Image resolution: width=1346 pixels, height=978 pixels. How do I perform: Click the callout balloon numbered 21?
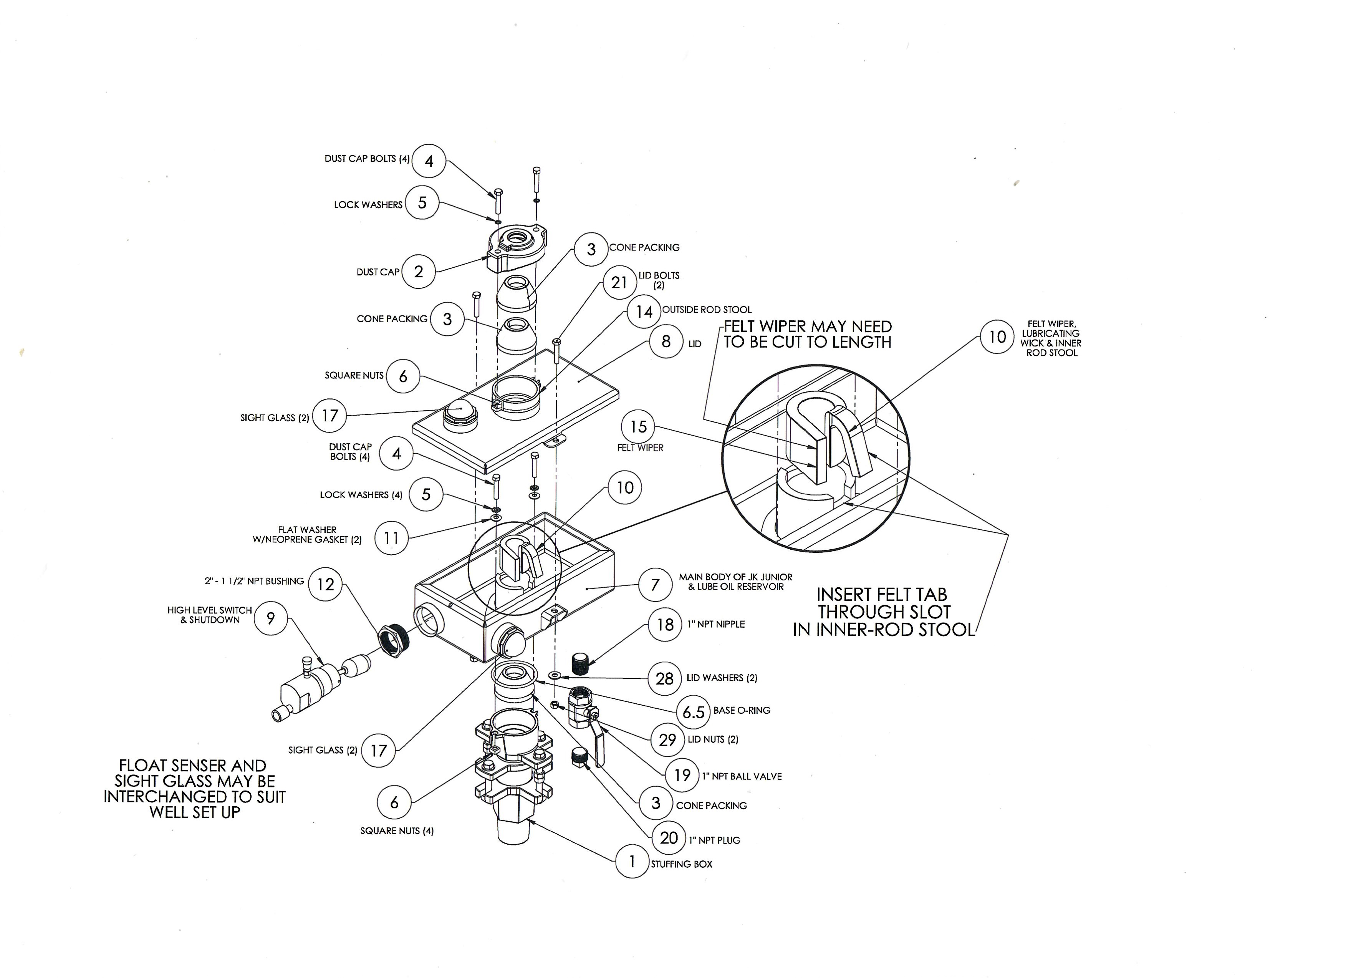click(x=619, y=283)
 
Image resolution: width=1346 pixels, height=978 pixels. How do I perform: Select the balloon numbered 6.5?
click(x=693, y=711)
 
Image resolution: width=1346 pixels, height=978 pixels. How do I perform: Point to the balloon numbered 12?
click(x=326, y=584)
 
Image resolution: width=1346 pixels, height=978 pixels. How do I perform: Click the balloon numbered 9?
click(x=271, y=618)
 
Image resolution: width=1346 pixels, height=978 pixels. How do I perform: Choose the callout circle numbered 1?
click(x=632, y=861)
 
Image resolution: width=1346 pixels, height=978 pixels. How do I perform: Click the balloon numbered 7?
click(x=655, y=585)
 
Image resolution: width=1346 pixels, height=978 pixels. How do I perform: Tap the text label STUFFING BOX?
click(x=681, y=864)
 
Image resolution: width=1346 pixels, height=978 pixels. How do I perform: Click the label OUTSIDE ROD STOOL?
click(x=707, y=309)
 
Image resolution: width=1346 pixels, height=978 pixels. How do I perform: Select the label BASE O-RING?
click(x=742, y=710)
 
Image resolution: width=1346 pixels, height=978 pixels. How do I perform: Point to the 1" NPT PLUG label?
click(x=715, y=840)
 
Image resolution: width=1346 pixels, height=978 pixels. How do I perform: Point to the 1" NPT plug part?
click(x=579, y=757)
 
